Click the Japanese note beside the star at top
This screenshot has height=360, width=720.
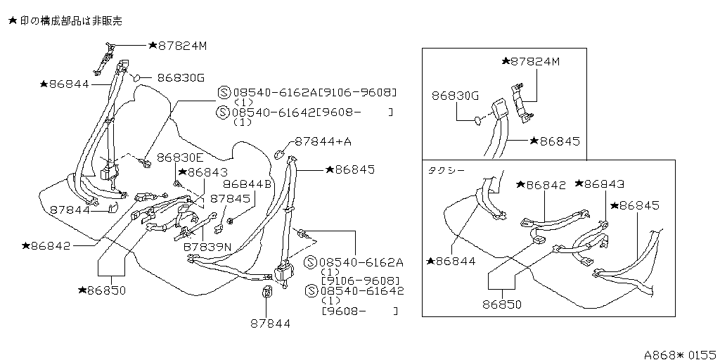71,21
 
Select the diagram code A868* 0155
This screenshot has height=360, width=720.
681,354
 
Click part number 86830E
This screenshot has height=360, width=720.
179,157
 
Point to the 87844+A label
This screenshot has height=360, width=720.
323,141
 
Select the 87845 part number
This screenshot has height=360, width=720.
230,198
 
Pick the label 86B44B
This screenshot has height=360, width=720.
247,184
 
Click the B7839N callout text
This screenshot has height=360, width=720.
207,247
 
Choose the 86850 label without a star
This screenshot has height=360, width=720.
502,304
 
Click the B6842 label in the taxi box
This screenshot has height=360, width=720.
546,185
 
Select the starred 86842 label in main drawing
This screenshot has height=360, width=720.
51,245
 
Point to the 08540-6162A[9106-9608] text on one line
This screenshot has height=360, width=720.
314,92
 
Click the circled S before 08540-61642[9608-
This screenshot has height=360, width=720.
223,112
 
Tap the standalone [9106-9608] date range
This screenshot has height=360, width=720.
361,281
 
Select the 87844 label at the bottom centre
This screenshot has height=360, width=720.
271,323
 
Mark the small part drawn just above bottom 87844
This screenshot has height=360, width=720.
266,292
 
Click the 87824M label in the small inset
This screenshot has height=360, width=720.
535,61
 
